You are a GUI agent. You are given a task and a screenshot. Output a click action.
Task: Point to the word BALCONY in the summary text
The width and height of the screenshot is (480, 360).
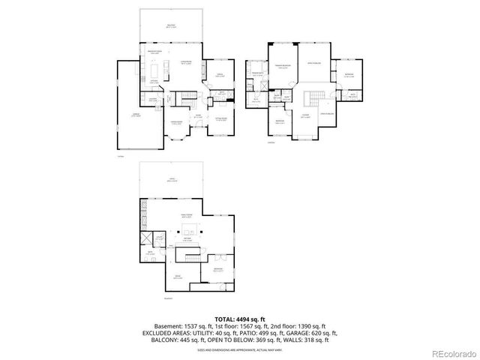coord(171,340)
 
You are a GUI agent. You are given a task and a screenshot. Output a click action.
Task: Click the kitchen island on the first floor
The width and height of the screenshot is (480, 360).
coord(154,70)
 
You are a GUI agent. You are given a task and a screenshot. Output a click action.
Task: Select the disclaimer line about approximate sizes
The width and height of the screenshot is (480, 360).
coord(240,349)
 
